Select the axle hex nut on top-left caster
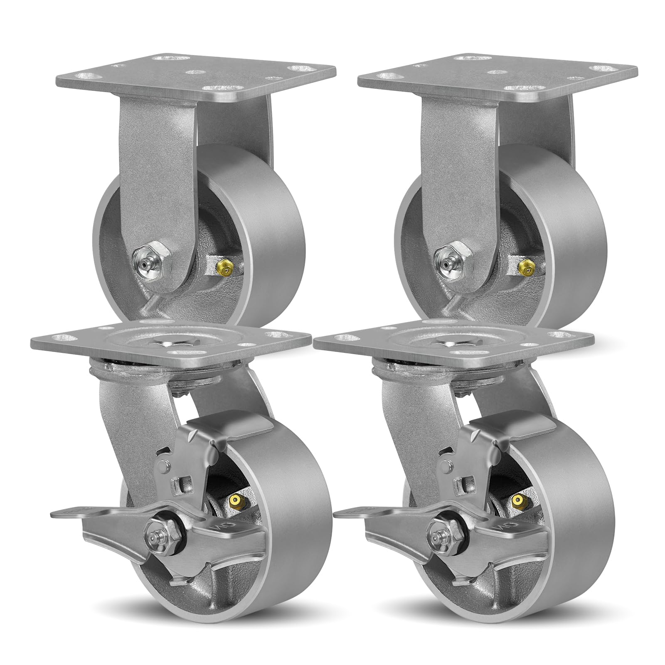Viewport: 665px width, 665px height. (150, 265)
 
